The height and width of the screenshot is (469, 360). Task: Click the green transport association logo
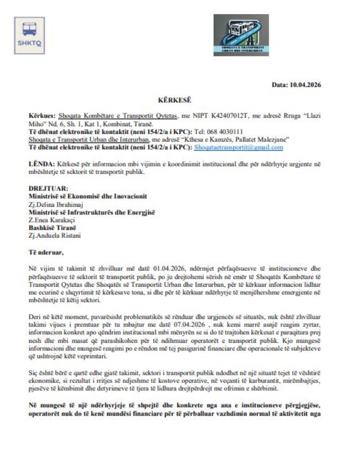coord(240,35)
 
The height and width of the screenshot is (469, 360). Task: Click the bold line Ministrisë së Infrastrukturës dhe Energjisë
coord(91,212)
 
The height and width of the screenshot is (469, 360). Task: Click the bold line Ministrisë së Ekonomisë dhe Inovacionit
coord(88,196)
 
